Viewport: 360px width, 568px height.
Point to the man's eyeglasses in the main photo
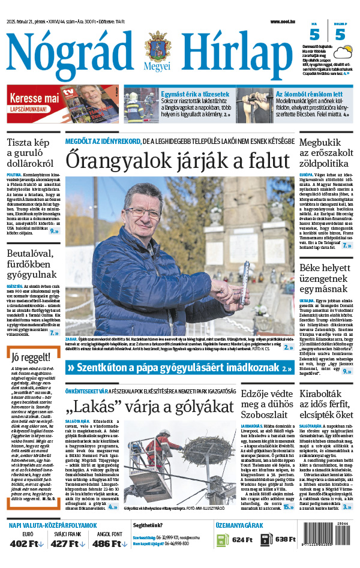[x=142, y=212]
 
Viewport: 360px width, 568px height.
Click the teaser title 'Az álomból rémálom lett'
[x=309, y=94]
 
